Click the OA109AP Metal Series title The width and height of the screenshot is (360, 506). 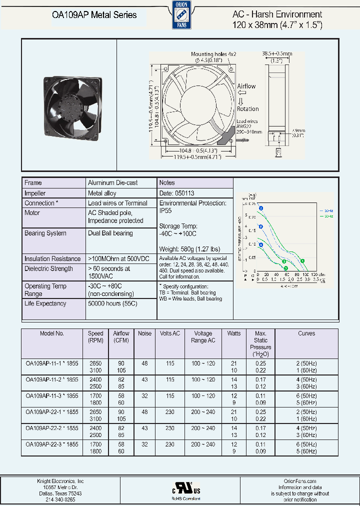94,15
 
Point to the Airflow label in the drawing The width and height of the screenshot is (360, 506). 246,86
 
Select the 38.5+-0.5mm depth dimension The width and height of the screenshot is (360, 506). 277,53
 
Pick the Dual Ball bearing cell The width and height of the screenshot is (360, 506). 110,233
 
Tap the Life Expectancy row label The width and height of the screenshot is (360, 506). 45,303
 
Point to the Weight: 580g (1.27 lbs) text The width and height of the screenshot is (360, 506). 189,249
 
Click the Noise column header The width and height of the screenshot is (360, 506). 144,333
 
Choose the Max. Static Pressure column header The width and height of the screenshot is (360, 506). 260,343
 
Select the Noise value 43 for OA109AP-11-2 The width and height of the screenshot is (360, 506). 144,380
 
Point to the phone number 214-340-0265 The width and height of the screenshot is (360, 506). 56,499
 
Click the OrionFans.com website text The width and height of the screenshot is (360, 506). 299,481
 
